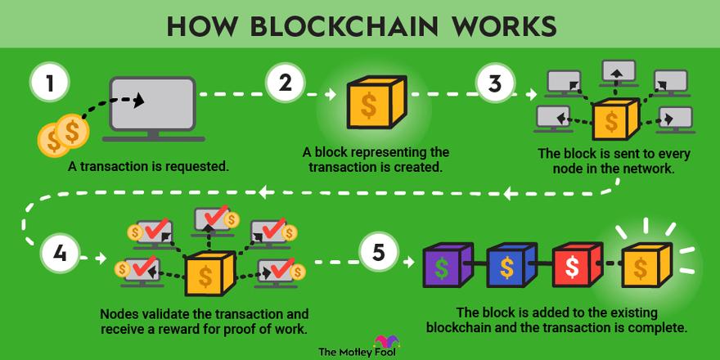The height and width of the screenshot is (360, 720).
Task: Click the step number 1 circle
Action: click(49, 83)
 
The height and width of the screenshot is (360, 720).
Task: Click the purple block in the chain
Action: click(446, 266)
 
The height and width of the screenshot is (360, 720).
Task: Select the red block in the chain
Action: click(575, 266)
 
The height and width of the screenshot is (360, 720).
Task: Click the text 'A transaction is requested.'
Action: click(149, 166)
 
